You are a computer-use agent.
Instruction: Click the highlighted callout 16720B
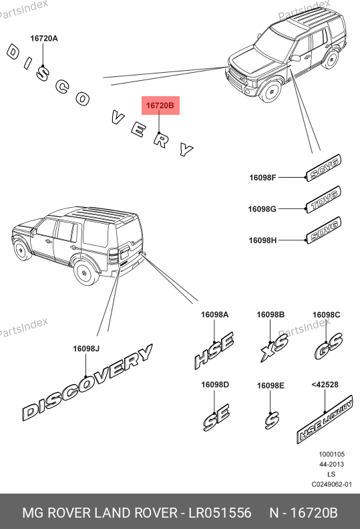coord(160,106)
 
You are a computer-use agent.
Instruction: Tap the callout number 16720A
coord(44,39)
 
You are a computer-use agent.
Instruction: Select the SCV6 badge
coord(323,168)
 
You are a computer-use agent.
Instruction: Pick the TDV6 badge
coord(323,199)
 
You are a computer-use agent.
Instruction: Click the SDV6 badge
coord(323,230)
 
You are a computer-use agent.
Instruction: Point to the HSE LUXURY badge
coord(325,419)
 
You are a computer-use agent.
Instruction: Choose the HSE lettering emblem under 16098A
coord(214,351)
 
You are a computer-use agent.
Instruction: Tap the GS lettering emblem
coord(329,346)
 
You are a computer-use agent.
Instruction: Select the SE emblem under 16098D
coord(216,417)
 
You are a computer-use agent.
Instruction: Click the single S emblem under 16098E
coord(272,420)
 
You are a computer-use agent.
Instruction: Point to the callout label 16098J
coord(86,349)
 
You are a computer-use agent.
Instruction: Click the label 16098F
coord(262,178)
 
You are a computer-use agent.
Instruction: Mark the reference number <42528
coord(325,385)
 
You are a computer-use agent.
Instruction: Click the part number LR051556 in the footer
coord(220,513)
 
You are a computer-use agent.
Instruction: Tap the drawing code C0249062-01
coord(332,484)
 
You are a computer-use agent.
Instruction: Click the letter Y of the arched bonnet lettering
coord(186,149)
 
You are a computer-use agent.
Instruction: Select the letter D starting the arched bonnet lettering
coord(13,53)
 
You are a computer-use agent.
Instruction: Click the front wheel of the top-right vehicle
coord(271,91)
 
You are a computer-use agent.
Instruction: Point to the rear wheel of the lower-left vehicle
coord(85,272)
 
